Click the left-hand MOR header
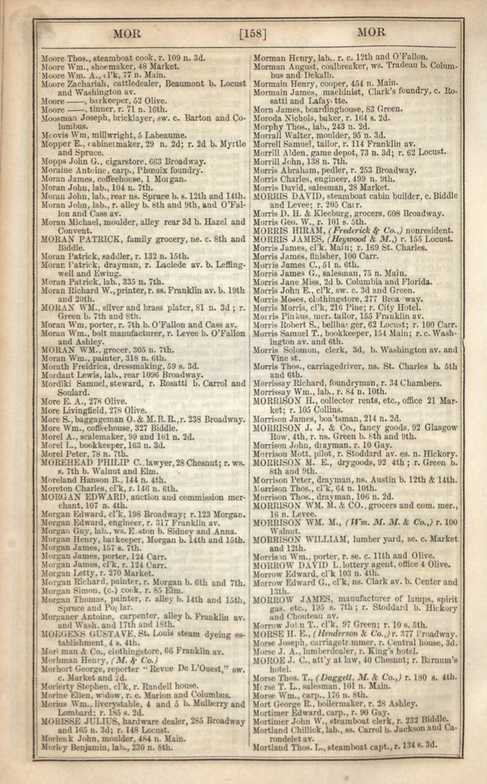click(x=126, y=33)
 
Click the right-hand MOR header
click(x=371, y=33)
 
